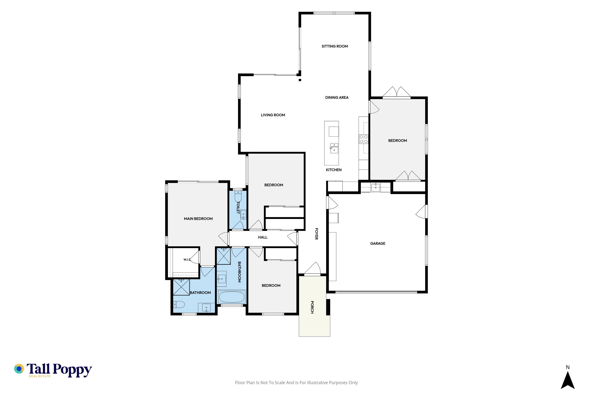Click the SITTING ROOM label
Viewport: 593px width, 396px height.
point(335,46)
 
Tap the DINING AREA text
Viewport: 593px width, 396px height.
point(337,97)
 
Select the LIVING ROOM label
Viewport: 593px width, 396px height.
point(273,115)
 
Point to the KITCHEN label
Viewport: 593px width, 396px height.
point(334,170)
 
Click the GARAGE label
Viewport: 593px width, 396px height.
point(378,243)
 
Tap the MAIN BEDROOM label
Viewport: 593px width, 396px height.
point(198,219)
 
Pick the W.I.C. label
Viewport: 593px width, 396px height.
point(187,260)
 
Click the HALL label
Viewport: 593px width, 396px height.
point(263,237)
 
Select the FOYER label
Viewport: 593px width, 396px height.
point(316,234)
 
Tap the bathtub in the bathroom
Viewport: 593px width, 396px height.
point(232,297)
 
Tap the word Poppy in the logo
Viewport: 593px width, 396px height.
point(72,370)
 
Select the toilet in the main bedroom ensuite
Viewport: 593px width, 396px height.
point(179,305)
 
